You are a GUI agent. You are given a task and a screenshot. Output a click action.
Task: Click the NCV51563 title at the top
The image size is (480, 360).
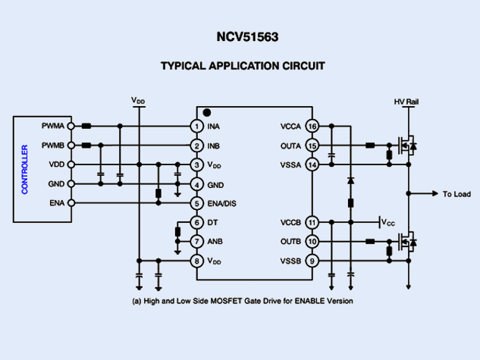tap(240, 36)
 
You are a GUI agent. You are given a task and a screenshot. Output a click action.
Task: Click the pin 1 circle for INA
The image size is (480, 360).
tap(196, 126)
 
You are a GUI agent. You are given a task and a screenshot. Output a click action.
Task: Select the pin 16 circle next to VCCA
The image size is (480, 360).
tap(312, 126)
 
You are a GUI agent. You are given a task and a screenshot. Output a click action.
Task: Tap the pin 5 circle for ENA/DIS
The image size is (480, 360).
tap(196, 203)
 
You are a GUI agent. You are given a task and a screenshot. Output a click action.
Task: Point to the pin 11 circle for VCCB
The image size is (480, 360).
tap(312, 222)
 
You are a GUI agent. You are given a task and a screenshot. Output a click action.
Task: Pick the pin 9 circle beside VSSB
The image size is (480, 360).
tap(312, 261)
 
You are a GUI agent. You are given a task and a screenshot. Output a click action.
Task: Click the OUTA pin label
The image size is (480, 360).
tap(290, 146)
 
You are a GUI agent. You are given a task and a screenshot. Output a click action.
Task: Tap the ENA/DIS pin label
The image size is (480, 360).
tap(221, 203)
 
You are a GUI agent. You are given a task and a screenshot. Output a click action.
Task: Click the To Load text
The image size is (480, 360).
tap(456, 194)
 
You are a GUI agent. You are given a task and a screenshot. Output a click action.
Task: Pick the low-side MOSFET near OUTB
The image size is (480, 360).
tap(405, 242)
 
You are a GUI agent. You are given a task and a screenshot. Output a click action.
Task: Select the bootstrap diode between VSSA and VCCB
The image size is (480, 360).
tap(350, 181)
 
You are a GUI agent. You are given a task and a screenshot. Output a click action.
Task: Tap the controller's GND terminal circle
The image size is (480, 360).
tap(71, 184)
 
